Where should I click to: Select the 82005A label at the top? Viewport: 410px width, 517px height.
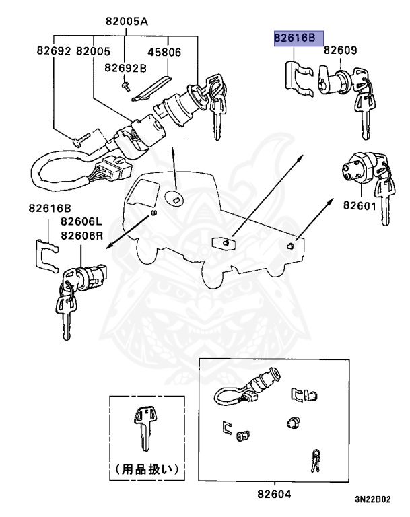126,21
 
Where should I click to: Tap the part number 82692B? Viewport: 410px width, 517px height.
126,68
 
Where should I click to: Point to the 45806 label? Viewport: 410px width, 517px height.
166,51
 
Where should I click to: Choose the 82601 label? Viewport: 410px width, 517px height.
360,205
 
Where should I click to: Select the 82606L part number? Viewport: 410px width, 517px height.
81,221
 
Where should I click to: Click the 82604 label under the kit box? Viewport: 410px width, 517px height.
274,494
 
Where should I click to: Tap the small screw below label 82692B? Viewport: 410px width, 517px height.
126,85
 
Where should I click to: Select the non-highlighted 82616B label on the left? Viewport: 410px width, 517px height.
50,209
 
